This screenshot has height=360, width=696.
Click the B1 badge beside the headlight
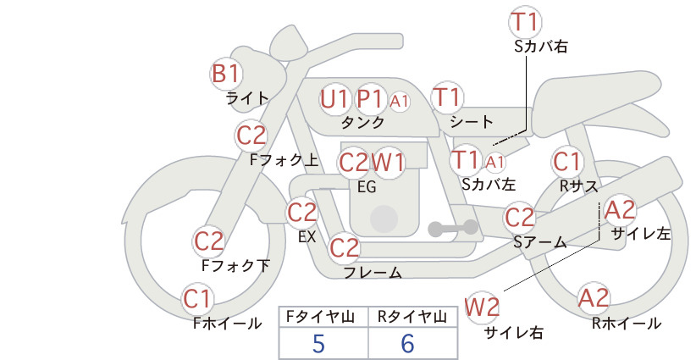tap(226, 74)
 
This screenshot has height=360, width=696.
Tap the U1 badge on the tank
tap(334, 99)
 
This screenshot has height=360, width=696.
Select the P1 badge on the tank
tap(371, 99)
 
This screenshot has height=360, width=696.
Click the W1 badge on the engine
tap(388, 163)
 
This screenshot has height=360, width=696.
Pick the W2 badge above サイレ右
tap(482, 307)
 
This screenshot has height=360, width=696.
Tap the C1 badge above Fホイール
tap(197, 299)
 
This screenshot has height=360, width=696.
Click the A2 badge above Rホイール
tap(594, 298)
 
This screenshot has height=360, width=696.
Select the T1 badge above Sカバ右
tap(526, 22)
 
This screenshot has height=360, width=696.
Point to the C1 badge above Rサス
tap(567, 162)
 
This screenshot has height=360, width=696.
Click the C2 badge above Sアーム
tap(519, 218)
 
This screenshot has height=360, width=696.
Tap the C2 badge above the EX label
tap(301, 213)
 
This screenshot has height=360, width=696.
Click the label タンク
tap(363, 123)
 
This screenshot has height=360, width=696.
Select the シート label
tap(472, 121)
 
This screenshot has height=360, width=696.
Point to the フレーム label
tap(373, 273)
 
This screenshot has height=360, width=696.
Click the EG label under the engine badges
tap(367, 187)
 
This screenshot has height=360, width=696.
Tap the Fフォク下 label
tap(235, 265)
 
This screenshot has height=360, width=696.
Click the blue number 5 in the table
tap(318, 344)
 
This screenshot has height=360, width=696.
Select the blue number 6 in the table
tap(407, 344)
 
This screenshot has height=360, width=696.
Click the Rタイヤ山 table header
tap(412, 317)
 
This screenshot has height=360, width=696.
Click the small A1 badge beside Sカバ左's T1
tap(494, 163)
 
